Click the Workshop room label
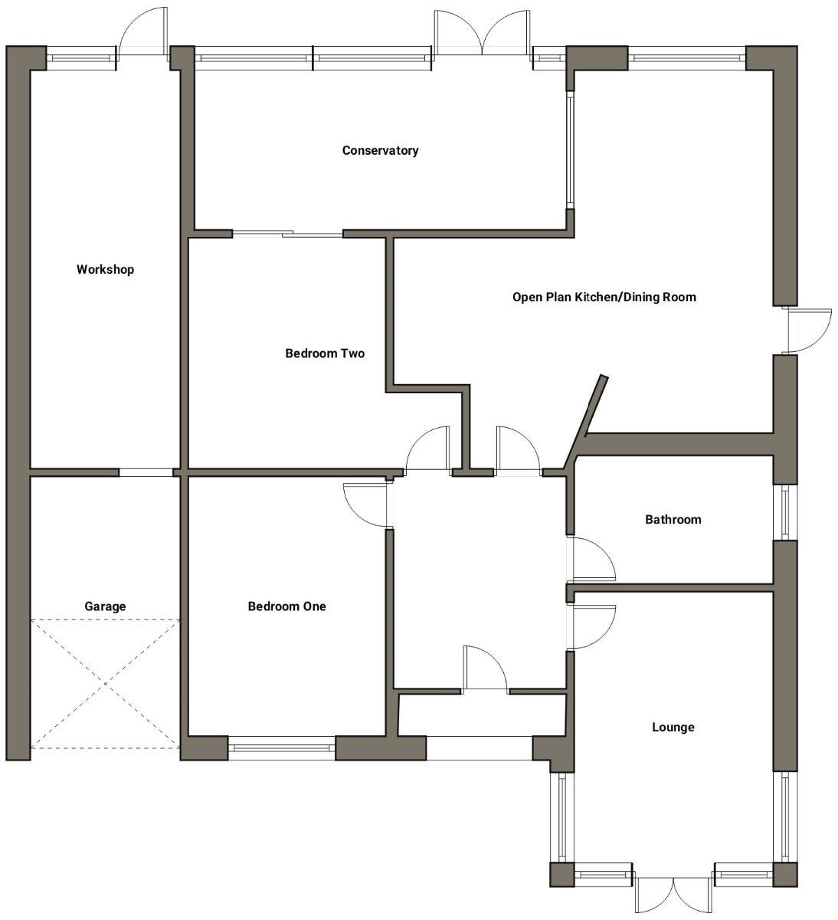point(105,269)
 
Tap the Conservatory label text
point(380,150)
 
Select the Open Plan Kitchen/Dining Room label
point(604,297)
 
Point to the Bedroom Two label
point(325,353)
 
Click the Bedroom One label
point(286,606)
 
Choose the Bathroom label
point(673,519)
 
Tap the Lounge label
point(673,727)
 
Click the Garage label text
point(105,606)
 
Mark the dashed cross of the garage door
point(105,684)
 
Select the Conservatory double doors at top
point(481,34)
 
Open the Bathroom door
point(591,557)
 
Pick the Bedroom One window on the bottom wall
point(282,748)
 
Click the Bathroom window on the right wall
point(785,512)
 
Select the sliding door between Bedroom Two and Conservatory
point(288,234)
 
